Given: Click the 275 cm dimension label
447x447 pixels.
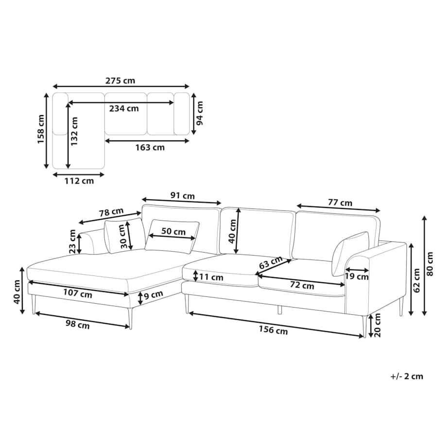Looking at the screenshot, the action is coord(120,81).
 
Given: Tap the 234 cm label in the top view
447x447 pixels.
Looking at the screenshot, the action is coord(124,108).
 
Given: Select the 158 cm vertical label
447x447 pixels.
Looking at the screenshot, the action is coord(41,129).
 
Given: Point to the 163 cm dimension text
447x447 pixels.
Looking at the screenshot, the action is coord(150,147).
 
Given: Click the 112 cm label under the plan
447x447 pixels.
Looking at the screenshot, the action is coord(79,181).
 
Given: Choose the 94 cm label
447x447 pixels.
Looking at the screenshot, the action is coord(200,113).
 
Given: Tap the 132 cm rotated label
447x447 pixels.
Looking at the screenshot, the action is coord(74,131).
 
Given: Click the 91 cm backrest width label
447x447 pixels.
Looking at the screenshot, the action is coord(183,195).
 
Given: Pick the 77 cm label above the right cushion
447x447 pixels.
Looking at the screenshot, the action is coord(340,203).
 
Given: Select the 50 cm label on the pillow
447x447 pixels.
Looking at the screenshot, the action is coord(173,231).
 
